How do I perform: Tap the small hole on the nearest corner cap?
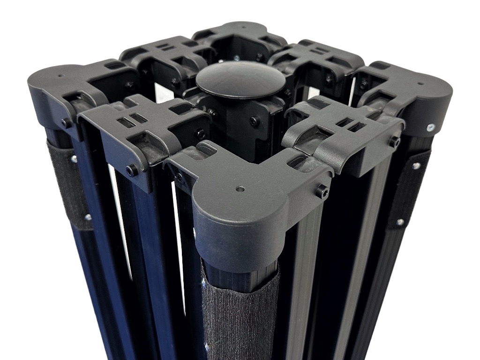tap(240, 190)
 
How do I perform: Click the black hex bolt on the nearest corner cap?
tap(322, 191)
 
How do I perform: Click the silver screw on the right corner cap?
tap(430, 127)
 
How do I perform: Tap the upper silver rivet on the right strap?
tap(415, 165)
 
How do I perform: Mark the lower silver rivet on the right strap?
tap(399, 222)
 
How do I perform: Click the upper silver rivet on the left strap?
tap(74, 159)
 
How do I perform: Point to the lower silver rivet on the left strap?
tap(87, 217)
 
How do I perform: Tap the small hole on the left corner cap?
tap(60, 75)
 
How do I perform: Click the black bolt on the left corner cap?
tap(65, 123)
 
